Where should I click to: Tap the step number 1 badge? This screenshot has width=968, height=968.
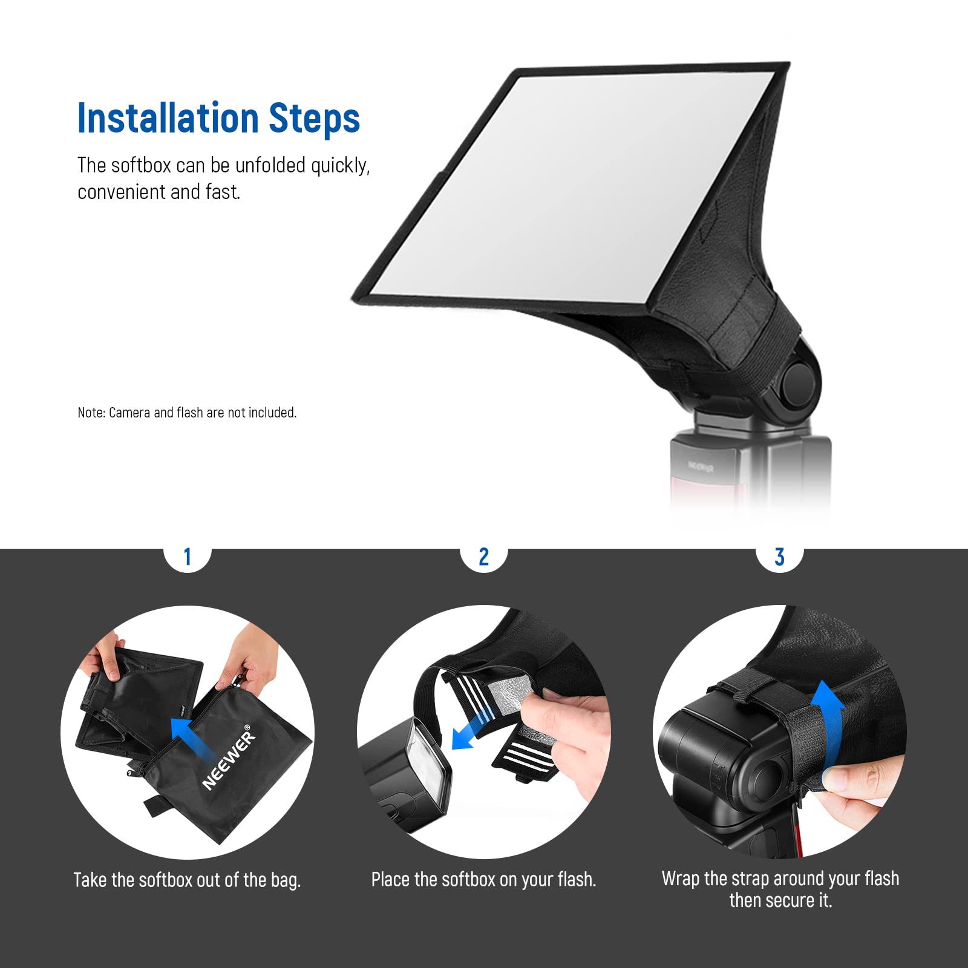pyautogui.click(x=188, y=557)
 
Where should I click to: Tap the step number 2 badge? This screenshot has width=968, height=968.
pyautogui.click(x=483, y=557)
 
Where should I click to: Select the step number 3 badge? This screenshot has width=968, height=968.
pyautogui.click(x=780, y=557)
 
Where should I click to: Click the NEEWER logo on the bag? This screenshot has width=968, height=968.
pyautogui.click(x=229, y=757)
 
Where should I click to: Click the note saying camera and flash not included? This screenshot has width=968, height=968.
pyautogui.click(x=187, y=413)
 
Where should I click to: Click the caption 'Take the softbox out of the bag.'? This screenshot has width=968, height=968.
pyautogui.click(x=187, y=880)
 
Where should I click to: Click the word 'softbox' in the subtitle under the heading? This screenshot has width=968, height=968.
pyautogui.click(x=142, y=165)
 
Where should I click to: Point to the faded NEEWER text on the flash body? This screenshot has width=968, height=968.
pyautogui.click(x=701, y=467)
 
